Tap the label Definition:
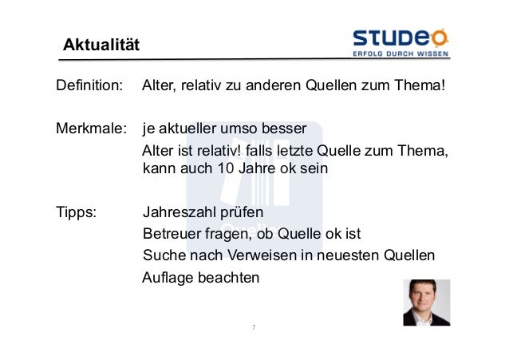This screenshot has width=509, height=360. (89, 85)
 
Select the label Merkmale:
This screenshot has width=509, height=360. (90, 129)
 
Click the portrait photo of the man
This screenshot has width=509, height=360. (426, 303)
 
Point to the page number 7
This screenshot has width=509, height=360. (253, 327)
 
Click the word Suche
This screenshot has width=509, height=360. (163, 256)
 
